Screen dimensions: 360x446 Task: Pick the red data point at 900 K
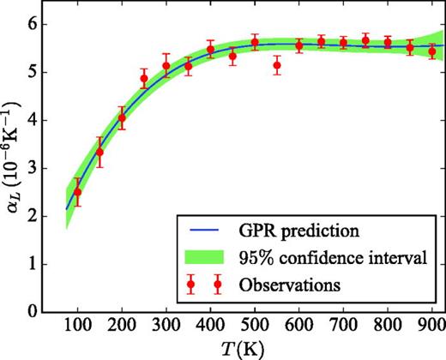coord(432,51)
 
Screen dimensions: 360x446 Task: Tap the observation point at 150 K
coord(99,153)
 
